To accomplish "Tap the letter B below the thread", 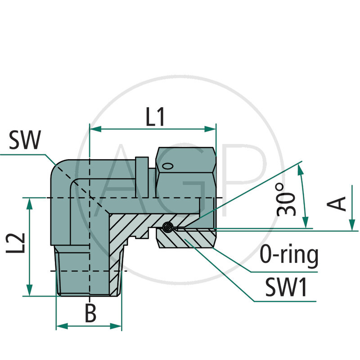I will (x=91, y=314).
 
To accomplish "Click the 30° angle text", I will (x=286, y=198).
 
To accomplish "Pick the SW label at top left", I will (x=25, y=141).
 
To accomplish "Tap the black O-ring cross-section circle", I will (x=167, y=227).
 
